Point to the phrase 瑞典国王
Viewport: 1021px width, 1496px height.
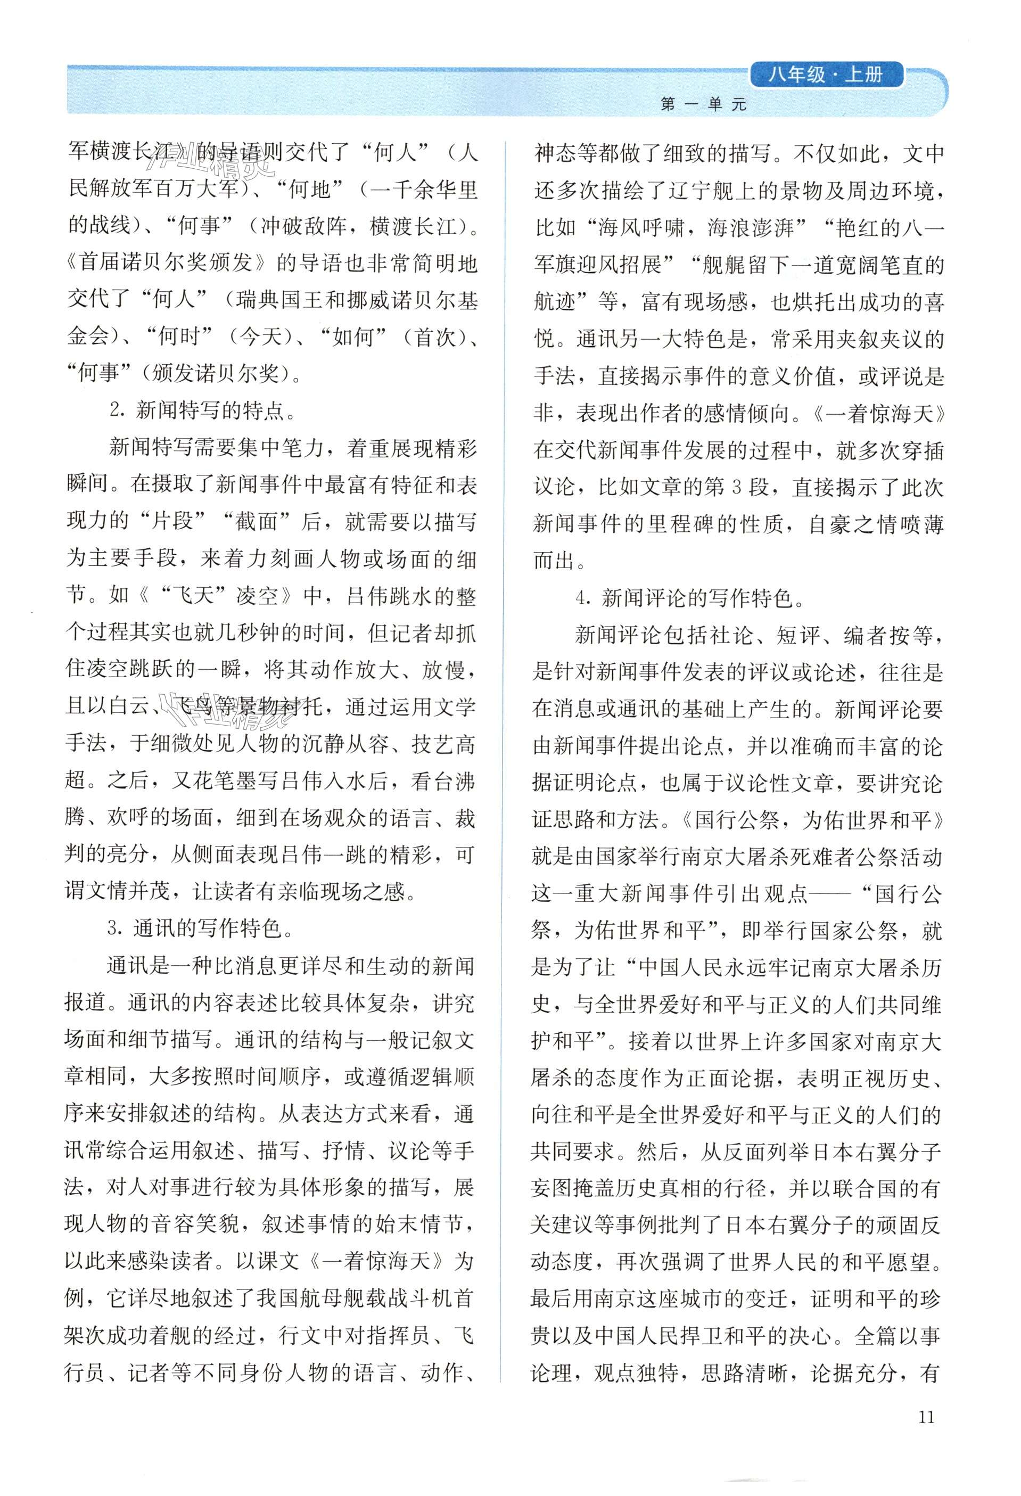click(277, 301)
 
